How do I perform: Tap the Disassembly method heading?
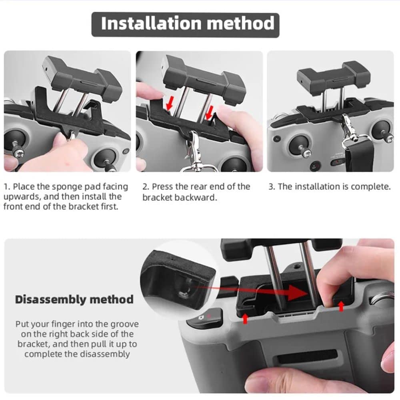(x=74, y=299)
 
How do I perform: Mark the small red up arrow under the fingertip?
(x=341, y=306)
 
